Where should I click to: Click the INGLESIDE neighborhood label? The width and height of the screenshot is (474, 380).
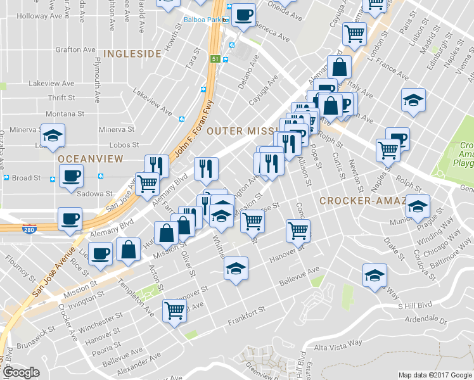132,54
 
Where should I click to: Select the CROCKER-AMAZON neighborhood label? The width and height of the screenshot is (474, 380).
361,201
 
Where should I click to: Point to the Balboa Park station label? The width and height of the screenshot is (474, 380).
201,20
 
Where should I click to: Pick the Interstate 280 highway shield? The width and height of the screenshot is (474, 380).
28,227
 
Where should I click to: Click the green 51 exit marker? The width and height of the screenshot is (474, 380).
215,59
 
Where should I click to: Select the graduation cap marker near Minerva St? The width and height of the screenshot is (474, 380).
53,134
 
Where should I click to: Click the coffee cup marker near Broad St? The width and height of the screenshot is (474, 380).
70,175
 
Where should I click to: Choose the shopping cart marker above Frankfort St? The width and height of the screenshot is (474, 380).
174,310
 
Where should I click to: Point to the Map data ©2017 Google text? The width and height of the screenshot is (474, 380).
435,374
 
